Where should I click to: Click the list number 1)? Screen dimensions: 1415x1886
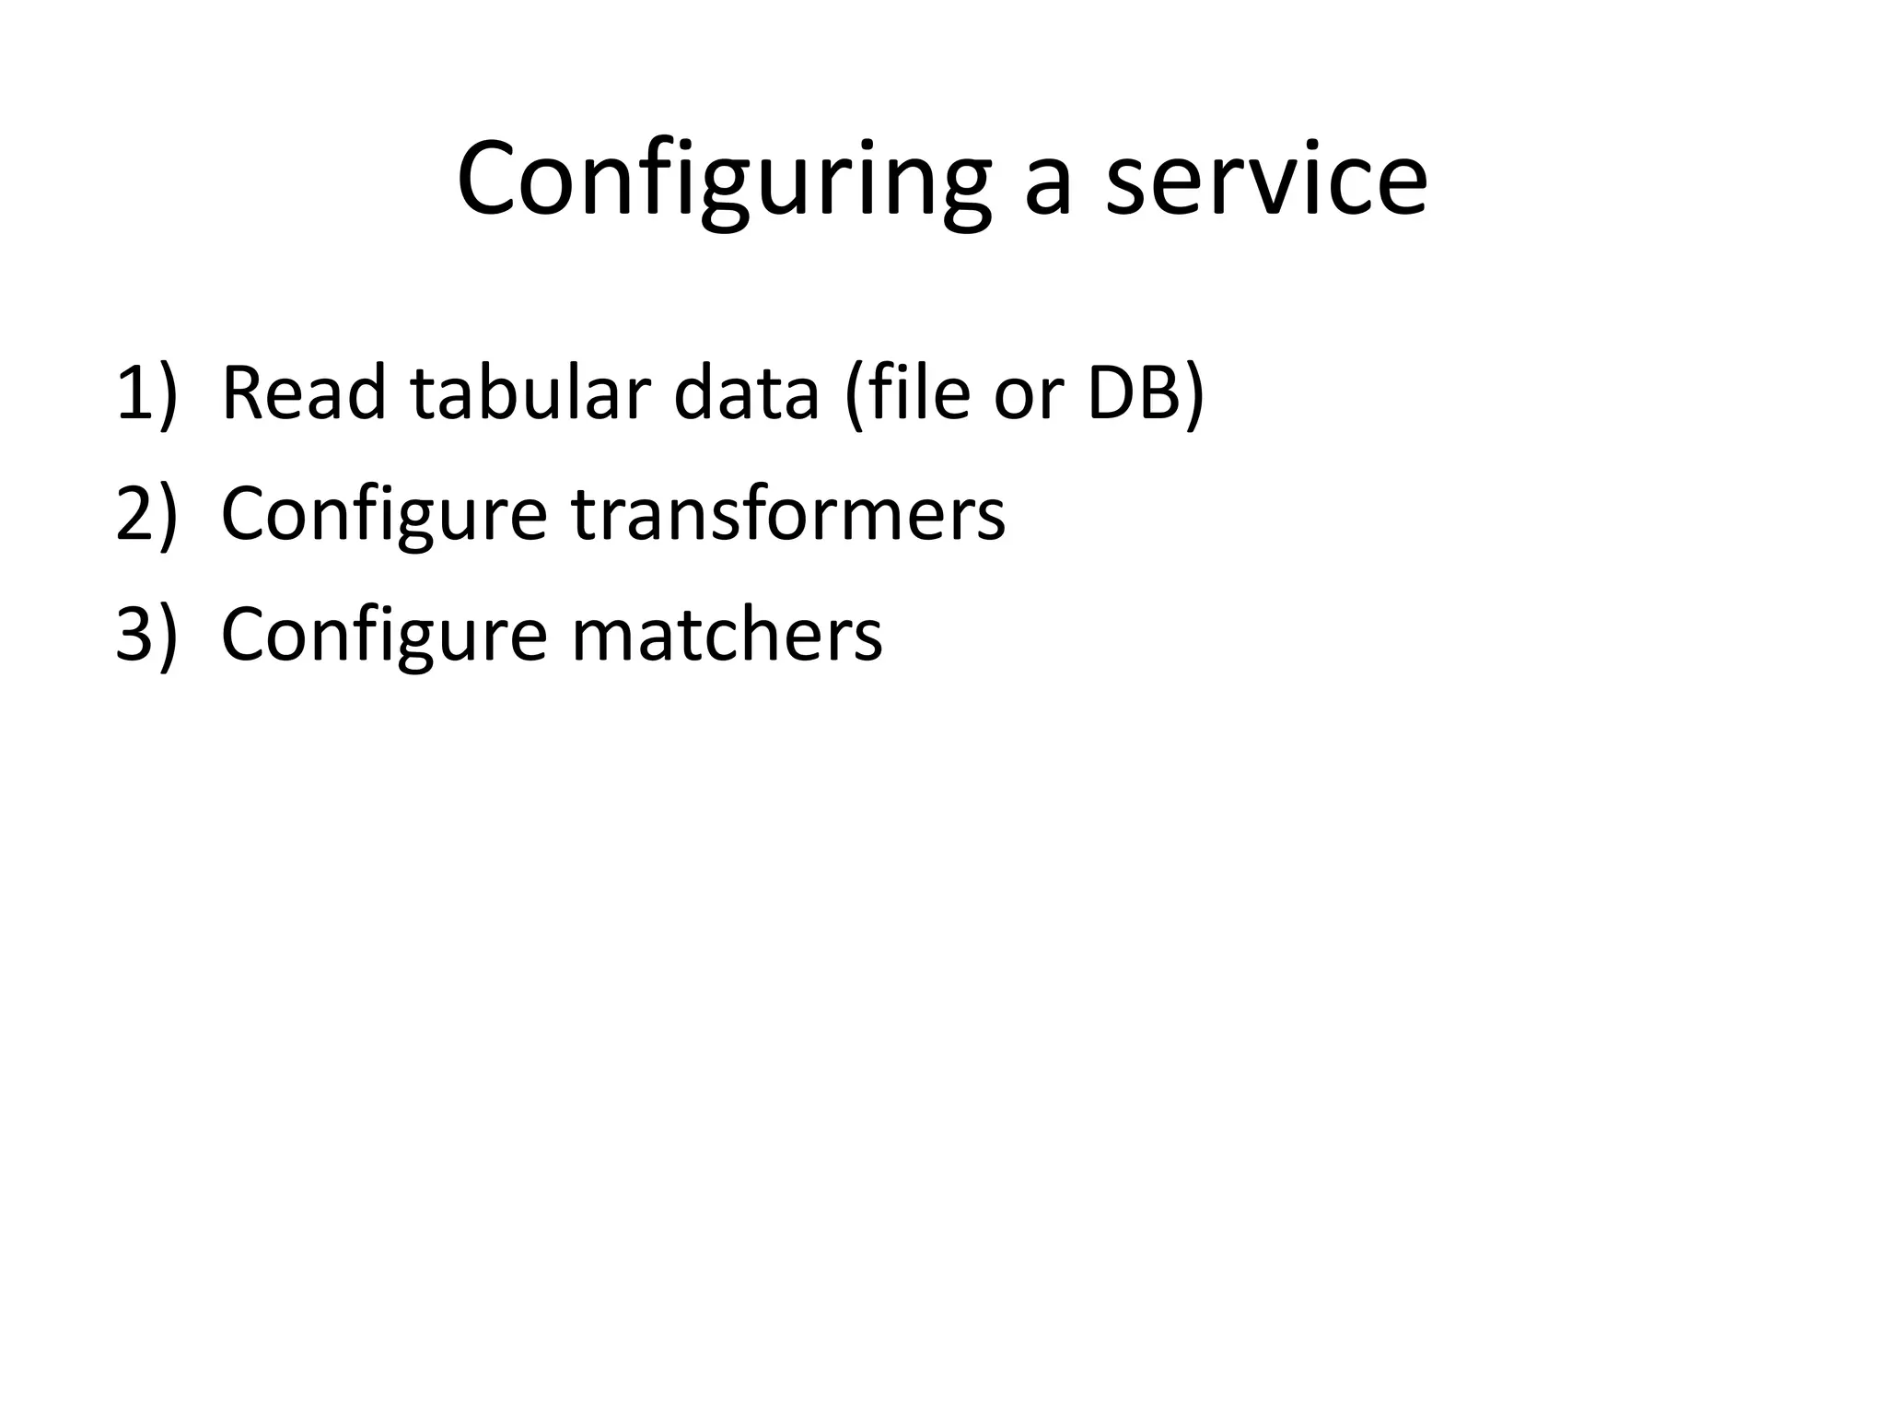click(x=146, y=394)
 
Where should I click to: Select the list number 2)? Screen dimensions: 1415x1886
click(x=146, y=514)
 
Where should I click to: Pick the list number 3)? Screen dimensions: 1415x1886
click(x=146, y=635)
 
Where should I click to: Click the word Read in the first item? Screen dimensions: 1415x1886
click(x=304, y=394)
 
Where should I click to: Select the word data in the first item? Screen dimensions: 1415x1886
click(x=746, y=394)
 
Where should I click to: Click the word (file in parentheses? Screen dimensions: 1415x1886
click(x=907, y=394)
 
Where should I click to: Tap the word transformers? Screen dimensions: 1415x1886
click(x=788, y=514)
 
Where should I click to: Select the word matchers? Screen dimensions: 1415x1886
click(x=727, y=635)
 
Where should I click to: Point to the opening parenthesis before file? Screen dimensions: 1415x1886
click(x=852, y=396)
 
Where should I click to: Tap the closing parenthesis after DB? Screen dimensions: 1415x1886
click(x=1193, y=396)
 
